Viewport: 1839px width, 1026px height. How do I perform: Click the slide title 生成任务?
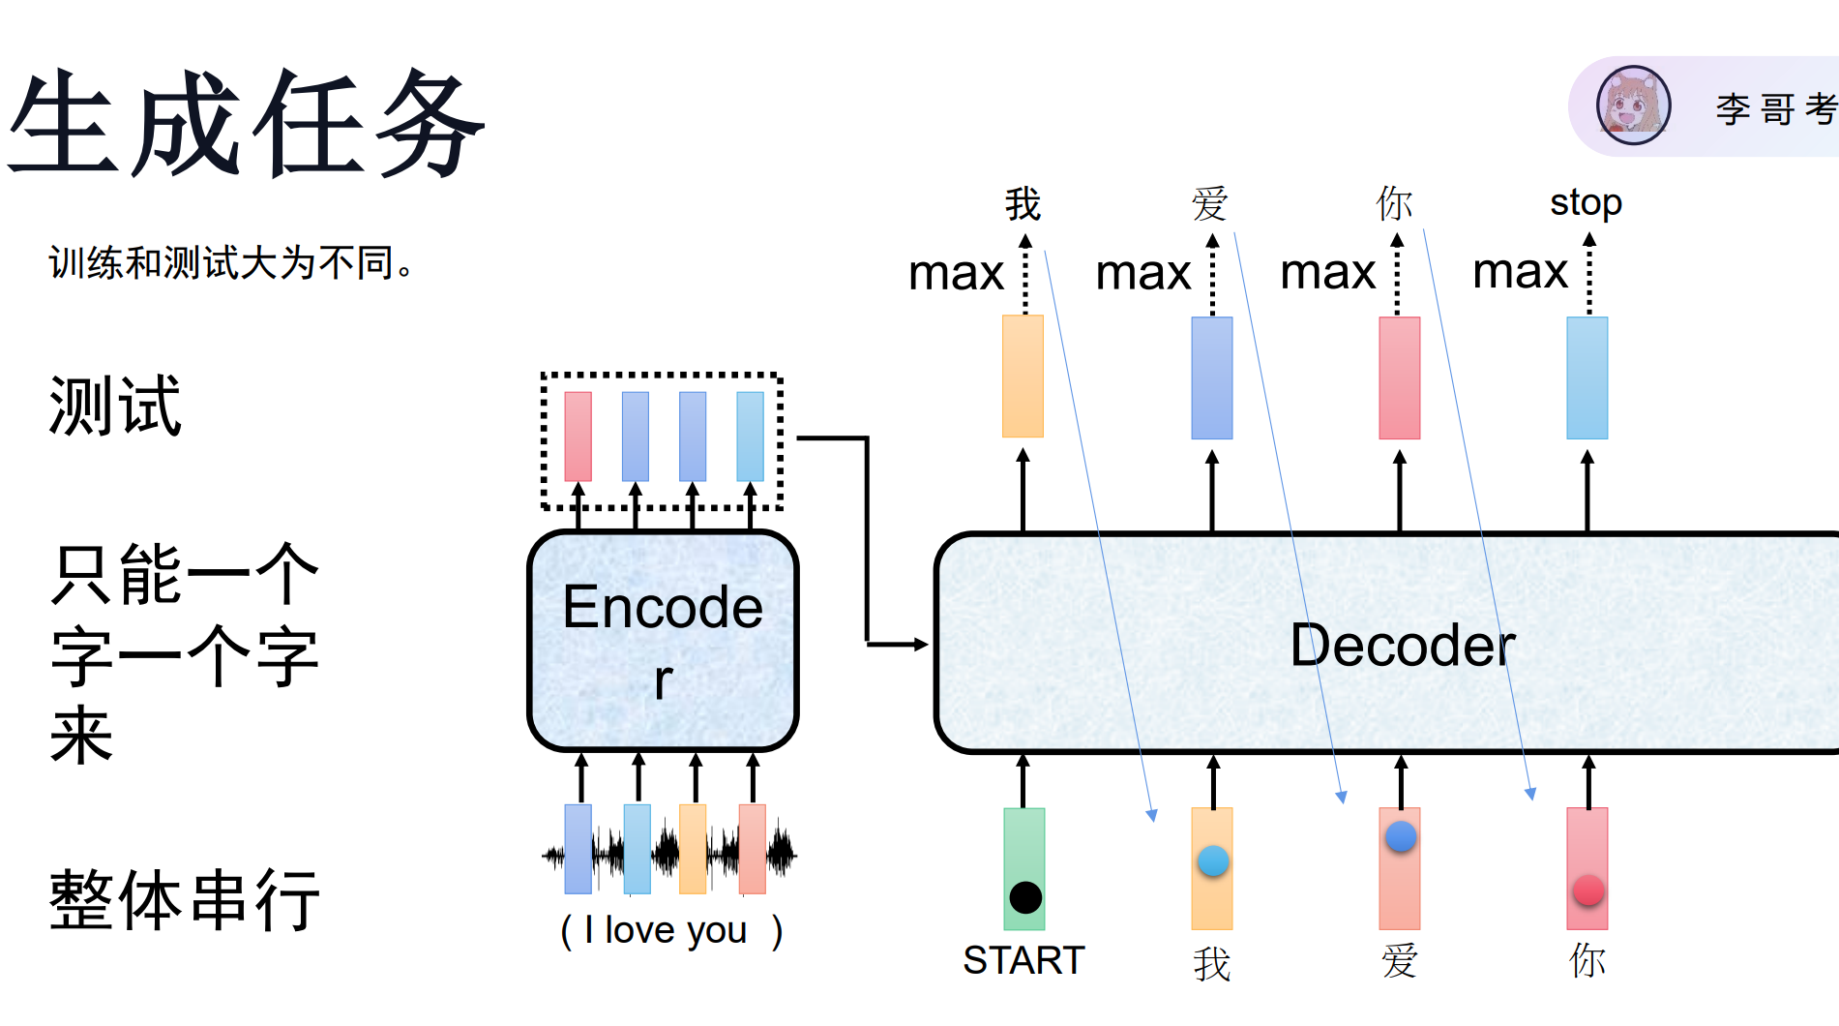click(x=247, y=124)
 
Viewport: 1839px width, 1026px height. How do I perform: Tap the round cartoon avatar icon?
click(x=1633, y=106)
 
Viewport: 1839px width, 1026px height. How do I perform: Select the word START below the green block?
click(x=1023, y=960)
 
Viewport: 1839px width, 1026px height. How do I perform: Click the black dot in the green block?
click(x=1025, y=897)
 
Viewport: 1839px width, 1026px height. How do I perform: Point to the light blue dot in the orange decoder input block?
click(x=1213, y=860)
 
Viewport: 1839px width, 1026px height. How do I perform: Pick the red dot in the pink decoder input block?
click(x=1588, y=890)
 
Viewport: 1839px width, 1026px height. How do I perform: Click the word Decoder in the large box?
click(x=1403, y=646)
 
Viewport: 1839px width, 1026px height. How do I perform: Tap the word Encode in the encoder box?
click(x=663, y=607)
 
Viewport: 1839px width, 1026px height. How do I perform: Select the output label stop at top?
click(x=1586, y=203)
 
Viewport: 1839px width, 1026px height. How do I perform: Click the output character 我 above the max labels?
click(x=1023, y=204)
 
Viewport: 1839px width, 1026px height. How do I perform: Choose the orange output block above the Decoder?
click(x=1023, y=377)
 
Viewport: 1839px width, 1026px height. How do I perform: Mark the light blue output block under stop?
click(x=1587, y=377)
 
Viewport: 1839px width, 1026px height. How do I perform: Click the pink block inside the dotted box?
click(x=578, y=437)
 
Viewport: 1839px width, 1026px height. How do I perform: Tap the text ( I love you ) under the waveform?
click(x=671, y=930)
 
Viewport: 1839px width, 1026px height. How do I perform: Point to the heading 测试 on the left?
click(x=115, y=406)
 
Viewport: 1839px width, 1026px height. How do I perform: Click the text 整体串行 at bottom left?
click(x=184, y=899)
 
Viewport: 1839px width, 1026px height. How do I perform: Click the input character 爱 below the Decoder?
click(x=1400, y=961)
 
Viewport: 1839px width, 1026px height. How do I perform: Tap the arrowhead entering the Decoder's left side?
click(x=921, y=644)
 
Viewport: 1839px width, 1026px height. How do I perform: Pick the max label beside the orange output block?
click(x=956, y=273)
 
